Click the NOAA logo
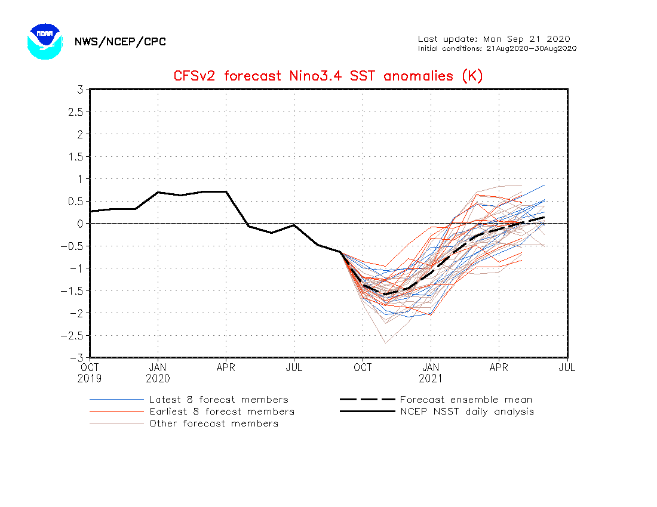point(44,41)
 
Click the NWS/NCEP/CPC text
point(120,42)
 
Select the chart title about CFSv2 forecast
point(328,76)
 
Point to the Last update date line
point(494,39)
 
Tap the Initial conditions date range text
point(497,48)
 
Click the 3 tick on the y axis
point(79,89)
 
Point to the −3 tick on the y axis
point(76,357)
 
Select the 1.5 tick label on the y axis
point(75,156)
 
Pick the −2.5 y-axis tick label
point(72,335)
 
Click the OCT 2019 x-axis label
point(90,373)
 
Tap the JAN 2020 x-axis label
point(158,373)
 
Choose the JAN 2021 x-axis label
point(431,373)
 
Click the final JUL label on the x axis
point(567,367)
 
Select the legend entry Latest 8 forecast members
point(219,400)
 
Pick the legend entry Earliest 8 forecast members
point(222,412)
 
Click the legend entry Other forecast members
point(213,423)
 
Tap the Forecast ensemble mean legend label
point(466,400)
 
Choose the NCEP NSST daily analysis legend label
point(466,412)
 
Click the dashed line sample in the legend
point(367,400)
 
